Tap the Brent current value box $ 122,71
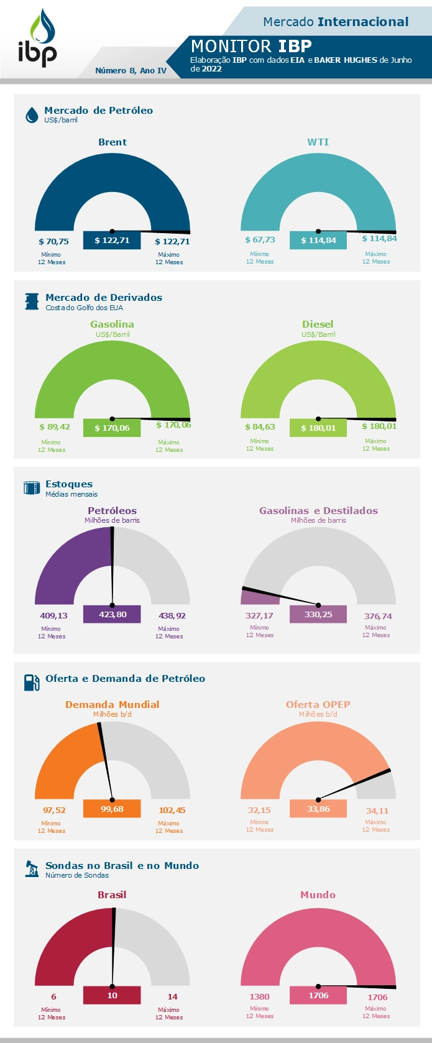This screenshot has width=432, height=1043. [x=112, y=240]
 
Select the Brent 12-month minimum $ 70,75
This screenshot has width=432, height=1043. [x=53, y=242]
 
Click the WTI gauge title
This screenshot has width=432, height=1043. [x=318, y=142]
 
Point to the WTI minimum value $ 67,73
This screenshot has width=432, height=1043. [x=260, y=240]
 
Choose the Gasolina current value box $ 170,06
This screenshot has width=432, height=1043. [x=112, y=428]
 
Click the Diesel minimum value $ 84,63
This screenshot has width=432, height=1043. [x=260, y=427]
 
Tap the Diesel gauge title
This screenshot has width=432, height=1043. [x=318, y=324]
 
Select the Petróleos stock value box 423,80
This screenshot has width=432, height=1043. [x=112, y=615]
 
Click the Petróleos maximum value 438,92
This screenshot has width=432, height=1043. [x=172, y=616]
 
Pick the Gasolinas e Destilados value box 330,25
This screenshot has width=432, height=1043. [x=318, y=614]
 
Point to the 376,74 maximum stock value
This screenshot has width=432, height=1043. [x=378, y=617]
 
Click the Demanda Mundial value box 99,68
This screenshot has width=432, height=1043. [x=112, y=809]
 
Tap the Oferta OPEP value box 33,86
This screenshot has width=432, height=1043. [x=318, y=809]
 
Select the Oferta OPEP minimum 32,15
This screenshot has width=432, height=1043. [x=259, y=811]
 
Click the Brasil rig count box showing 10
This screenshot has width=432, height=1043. [x=112, y=995]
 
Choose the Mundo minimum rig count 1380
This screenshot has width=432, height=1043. [x=259, y=997]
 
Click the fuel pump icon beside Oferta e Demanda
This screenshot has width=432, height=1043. [x=32, y=682]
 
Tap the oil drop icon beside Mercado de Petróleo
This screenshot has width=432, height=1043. [x=32, y=115]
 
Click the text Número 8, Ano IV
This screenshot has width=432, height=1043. [x=131, y=71]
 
